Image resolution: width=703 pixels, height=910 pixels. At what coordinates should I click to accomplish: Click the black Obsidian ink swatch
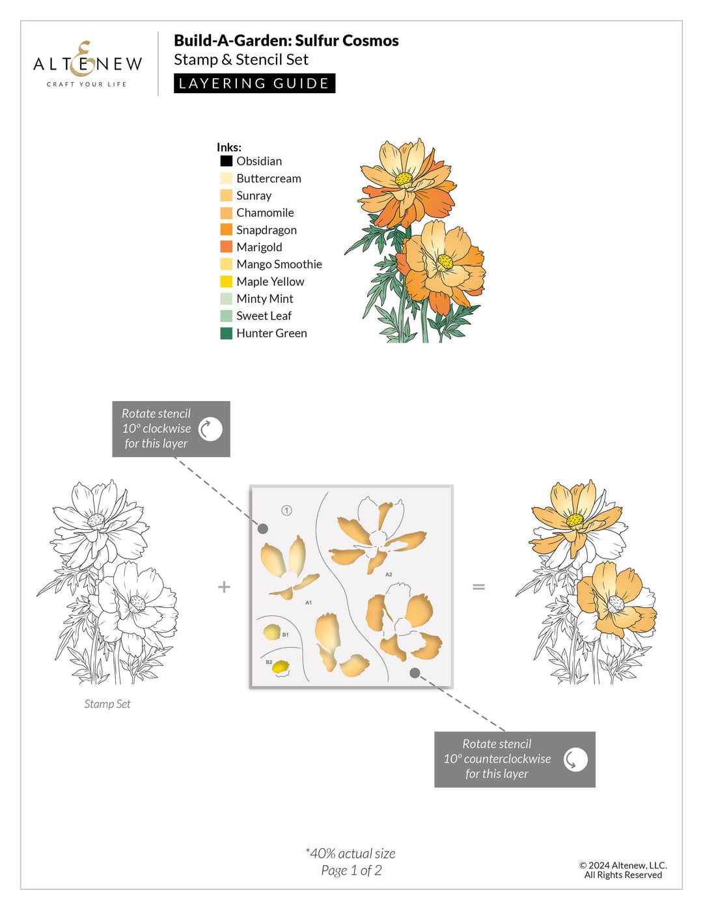(x=226, y=161)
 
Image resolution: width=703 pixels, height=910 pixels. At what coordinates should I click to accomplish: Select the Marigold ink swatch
(x=226, y=247)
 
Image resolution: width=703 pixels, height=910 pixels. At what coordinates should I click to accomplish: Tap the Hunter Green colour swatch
(x=226, y=333)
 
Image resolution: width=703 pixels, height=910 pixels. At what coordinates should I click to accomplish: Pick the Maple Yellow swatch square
(x=226, y=281)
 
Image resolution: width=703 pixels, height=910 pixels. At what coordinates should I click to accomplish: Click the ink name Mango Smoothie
(x=279, y=264)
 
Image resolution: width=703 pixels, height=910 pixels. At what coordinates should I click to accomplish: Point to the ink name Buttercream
(x=268, y=178)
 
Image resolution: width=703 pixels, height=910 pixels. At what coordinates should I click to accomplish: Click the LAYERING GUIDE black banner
(x=254, y=83)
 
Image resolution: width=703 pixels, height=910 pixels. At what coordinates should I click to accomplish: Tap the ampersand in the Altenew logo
(x=83, y=59)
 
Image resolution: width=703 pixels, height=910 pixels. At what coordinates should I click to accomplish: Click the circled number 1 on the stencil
(x=286, y=510)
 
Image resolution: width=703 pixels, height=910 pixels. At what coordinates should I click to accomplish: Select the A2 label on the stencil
(x=389, y=574)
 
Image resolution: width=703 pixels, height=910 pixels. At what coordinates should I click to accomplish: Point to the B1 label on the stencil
(x=285, y=634)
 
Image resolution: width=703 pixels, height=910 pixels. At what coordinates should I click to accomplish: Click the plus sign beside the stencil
(x=224, y=586)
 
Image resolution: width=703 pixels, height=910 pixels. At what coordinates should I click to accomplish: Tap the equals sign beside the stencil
(x=478, y=586)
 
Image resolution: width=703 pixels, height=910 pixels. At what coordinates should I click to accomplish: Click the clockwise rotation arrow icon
(x=210, y=429)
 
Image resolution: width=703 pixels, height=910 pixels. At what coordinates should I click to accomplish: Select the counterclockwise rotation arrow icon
(x=575, y=759)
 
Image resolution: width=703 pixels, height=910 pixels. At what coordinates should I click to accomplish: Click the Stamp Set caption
(x=107, y=704)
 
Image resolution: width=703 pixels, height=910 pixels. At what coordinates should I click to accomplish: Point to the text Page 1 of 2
(x=351, y=870)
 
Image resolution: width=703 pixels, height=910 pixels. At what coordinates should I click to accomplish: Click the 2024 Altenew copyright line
(x=623, y=865)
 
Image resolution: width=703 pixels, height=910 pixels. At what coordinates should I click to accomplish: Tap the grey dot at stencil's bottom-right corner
(x=415, y=672)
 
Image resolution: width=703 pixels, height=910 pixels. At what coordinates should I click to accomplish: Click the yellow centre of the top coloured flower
(x=404, y=178)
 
